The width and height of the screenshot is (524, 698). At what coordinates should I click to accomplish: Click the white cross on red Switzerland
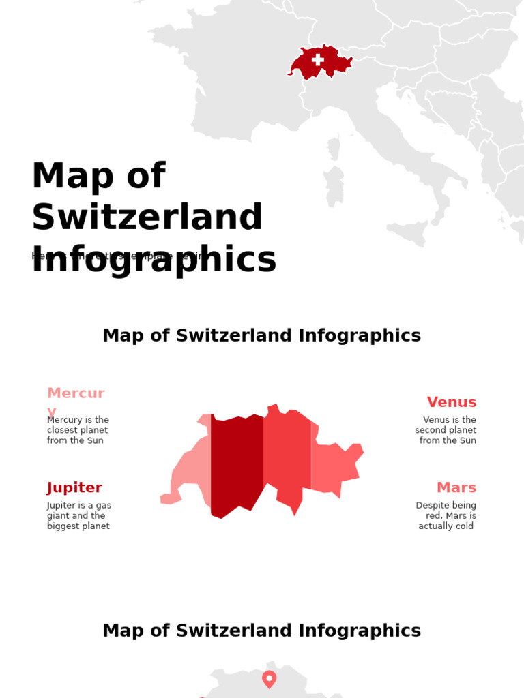pyautogui.click(x=318, y=59)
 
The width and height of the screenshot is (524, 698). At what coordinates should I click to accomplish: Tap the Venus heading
pyautogui.click(x=451, y=402)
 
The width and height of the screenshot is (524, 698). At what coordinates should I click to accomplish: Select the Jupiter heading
pyautogui.click(x=74, y=488)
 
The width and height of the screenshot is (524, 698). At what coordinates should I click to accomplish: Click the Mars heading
pyautogui.click(x=456, y=488)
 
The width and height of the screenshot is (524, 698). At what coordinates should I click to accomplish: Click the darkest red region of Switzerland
pyautogui.click(x=236, y=464)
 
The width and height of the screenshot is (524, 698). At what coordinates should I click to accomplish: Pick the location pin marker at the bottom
pyautogui.click(x=269, y=678)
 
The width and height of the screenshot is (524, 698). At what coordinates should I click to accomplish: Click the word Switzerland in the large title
pyautogui.click(x=147, y=217)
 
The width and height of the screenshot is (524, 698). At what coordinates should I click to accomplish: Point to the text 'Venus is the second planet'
pyautogui.click(x=446, y=430)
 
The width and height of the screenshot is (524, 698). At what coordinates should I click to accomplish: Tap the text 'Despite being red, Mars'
pyautogui.click(x=446, y=516)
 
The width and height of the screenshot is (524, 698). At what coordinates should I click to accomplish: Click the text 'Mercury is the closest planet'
pyautogui.click(x=78, y=430)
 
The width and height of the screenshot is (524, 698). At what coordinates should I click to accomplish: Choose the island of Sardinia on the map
pyautogui.click(x=334, y=185)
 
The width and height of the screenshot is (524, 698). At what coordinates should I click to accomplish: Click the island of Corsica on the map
pyautogui.click(x=334, y=148)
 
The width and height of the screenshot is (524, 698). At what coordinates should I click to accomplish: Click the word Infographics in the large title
pyautogui.click(x=154, y=260)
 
